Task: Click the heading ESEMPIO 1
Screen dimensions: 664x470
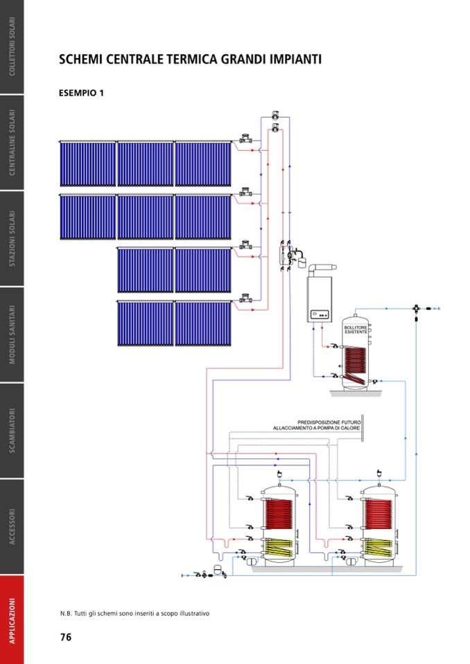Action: point(82,93)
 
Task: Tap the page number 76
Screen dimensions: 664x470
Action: point(66,637)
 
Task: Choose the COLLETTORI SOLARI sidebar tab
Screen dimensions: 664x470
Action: point(12,46)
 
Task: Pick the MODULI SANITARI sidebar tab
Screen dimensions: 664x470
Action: point(12,334)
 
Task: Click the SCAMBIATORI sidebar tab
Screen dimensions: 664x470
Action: point(12,430)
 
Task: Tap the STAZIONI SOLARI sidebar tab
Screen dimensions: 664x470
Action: point(12,239)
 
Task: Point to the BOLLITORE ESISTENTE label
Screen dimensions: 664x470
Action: point(356,330)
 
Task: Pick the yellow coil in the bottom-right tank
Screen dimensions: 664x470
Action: point(378,548)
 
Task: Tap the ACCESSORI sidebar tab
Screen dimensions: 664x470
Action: point(12,526)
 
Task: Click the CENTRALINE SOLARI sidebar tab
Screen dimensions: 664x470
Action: point(12,143)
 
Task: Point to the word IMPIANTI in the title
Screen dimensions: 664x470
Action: point(290,60)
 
